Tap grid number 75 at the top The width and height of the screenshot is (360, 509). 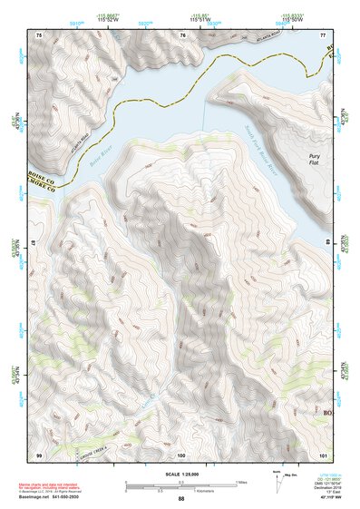click(x=38, y=34)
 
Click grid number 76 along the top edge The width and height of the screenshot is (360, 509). click(x=183, y=34)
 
